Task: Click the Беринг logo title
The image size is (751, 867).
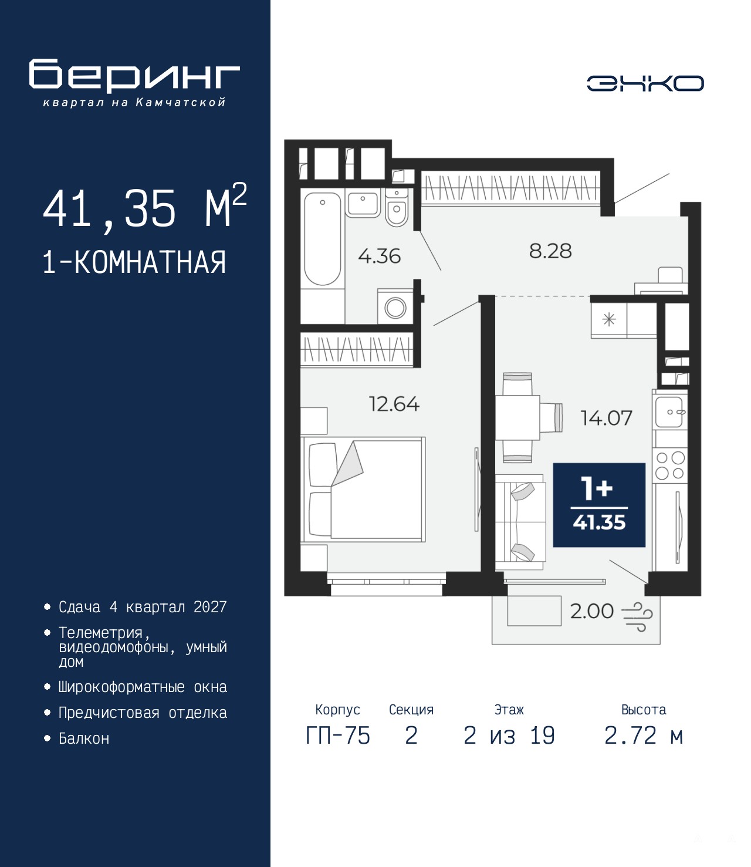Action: [x=134, y=76]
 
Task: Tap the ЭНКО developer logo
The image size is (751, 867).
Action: [x=645, y=83]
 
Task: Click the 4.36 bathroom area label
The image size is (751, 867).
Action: [x=379, y=256]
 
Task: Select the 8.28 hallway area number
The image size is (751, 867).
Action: [x=550, y=251]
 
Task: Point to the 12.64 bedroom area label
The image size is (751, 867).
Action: [x=394, y=404]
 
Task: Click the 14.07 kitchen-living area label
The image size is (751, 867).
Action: [x=606, y=418]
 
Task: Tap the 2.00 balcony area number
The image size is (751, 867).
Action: [x=591, y=611]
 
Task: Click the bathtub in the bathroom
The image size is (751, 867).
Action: [x=322, y=238]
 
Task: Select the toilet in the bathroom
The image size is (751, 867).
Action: [x=395, y=208]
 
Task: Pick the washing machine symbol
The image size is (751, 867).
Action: [x=395, y=308]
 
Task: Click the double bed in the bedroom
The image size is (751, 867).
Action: [x=363, y=489]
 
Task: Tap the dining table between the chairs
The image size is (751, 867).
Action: [x=517, y=418]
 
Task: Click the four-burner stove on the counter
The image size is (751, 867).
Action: [x=669, y=465]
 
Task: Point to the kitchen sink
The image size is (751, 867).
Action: [x=670, y=412]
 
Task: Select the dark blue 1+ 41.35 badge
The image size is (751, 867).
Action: [x=599, y=505]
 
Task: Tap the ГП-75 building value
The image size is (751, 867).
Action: [x=338, y=736]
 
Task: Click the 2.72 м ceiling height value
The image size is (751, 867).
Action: [x=644, y=736]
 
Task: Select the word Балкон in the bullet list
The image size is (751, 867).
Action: [x=84, y=738]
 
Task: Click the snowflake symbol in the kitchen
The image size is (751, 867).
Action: [x=609, y=319]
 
